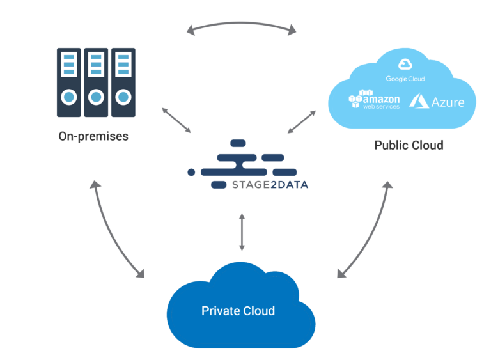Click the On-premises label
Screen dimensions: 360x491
93,136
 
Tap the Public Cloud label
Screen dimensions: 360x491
409,145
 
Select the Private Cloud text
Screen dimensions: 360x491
238,311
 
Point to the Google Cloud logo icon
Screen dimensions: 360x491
405,64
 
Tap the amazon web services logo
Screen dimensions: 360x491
375,100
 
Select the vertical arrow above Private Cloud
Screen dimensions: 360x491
242,231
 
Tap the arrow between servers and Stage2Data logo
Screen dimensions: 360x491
176,121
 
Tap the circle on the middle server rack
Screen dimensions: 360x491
96,98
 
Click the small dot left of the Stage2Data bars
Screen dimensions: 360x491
191,173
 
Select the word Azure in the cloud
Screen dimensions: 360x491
448,102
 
